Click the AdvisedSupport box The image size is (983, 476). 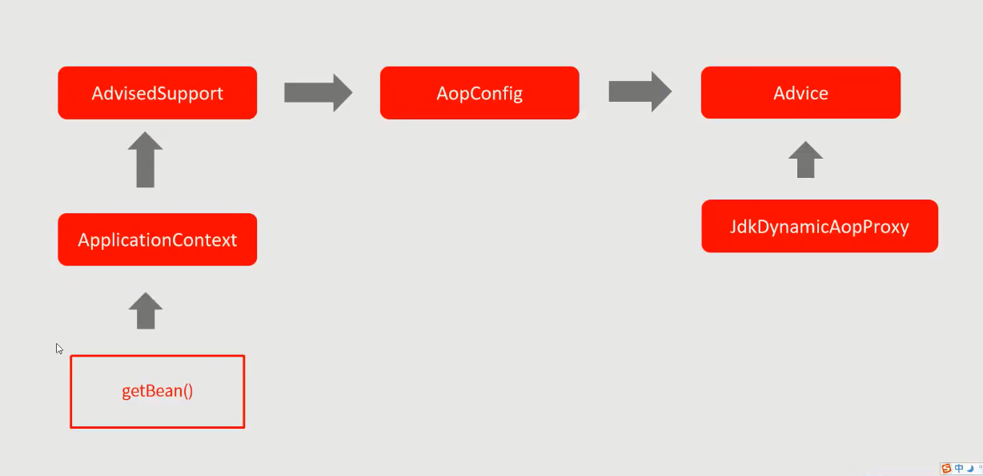(x=157, y=93)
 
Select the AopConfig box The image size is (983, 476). (x=479, y=93)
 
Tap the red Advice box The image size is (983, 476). (x=800, y=93)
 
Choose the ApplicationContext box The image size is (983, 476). (x=157, y=240)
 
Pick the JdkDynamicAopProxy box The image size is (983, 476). (x=819, y=226)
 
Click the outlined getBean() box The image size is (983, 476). (x=157, y=392)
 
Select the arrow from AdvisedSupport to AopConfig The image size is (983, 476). (x=318, y=92)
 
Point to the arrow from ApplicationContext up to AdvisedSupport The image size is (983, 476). (x=145, y=159)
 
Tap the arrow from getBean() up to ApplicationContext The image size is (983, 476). (x=145, y=310)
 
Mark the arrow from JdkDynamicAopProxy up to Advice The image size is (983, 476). (x=805, y=159)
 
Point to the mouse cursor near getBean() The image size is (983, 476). (x=58, y=348)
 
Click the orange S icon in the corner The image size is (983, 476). (x=946, y=469)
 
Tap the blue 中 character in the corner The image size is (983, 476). (x=958, y=469)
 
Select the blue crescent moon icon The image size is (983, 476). (x=970, y=469)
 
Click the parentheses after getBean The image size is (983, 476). (x=188, y=392)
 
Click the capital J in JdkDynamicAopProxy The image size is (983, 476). (x=733, y=227)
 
